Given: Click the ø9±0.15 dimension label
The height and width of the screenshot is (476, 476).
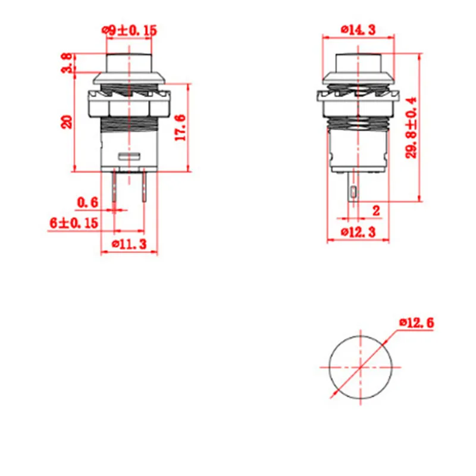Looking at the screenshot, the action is (x=129, y=31).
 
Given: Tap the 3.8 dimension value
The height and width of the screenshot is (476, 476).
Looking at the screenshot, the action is (x=67, y=63).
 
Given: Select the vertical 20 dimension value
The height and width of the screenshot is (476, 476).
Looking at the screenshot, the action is (x=67, y=122).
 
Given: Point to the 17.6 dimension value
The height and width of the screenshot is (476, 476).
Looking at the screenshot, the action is (x=180, y=127).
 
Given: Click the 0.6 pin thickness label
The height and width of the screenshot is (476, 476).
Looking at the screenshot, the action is (x=87, y=202).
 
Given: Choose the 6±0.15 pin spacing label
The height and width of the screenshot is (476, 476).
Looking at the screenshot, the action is (x=74, y=223).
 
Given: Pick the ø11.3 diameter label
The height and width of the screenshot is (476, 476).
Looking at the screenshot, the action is (x=129, y=244).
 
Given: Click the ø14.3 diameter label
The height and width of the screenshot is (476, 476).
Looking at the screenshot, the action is (x=358, y=30).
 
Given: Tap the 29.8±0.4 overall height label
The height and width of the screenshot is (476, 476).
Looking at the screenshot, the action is (x=411, y=127).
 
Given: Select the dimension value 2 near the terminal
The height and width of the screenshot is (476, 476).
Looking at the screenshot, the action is (x=376, y=211).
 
